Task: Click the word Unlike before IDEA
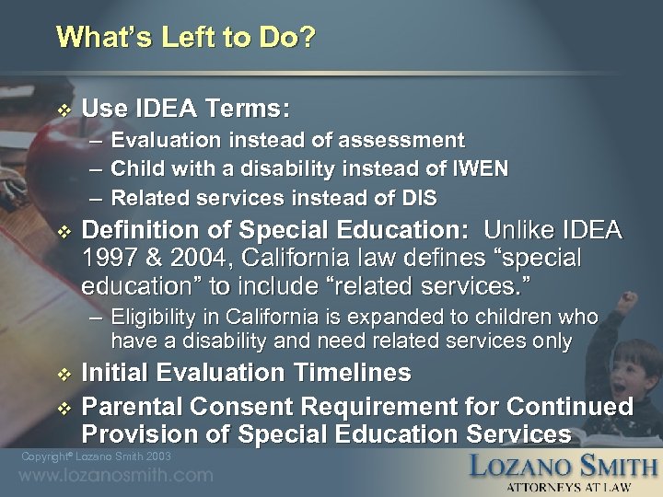coord(522,230)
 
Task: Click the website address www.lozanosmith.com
coord(115,476)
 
